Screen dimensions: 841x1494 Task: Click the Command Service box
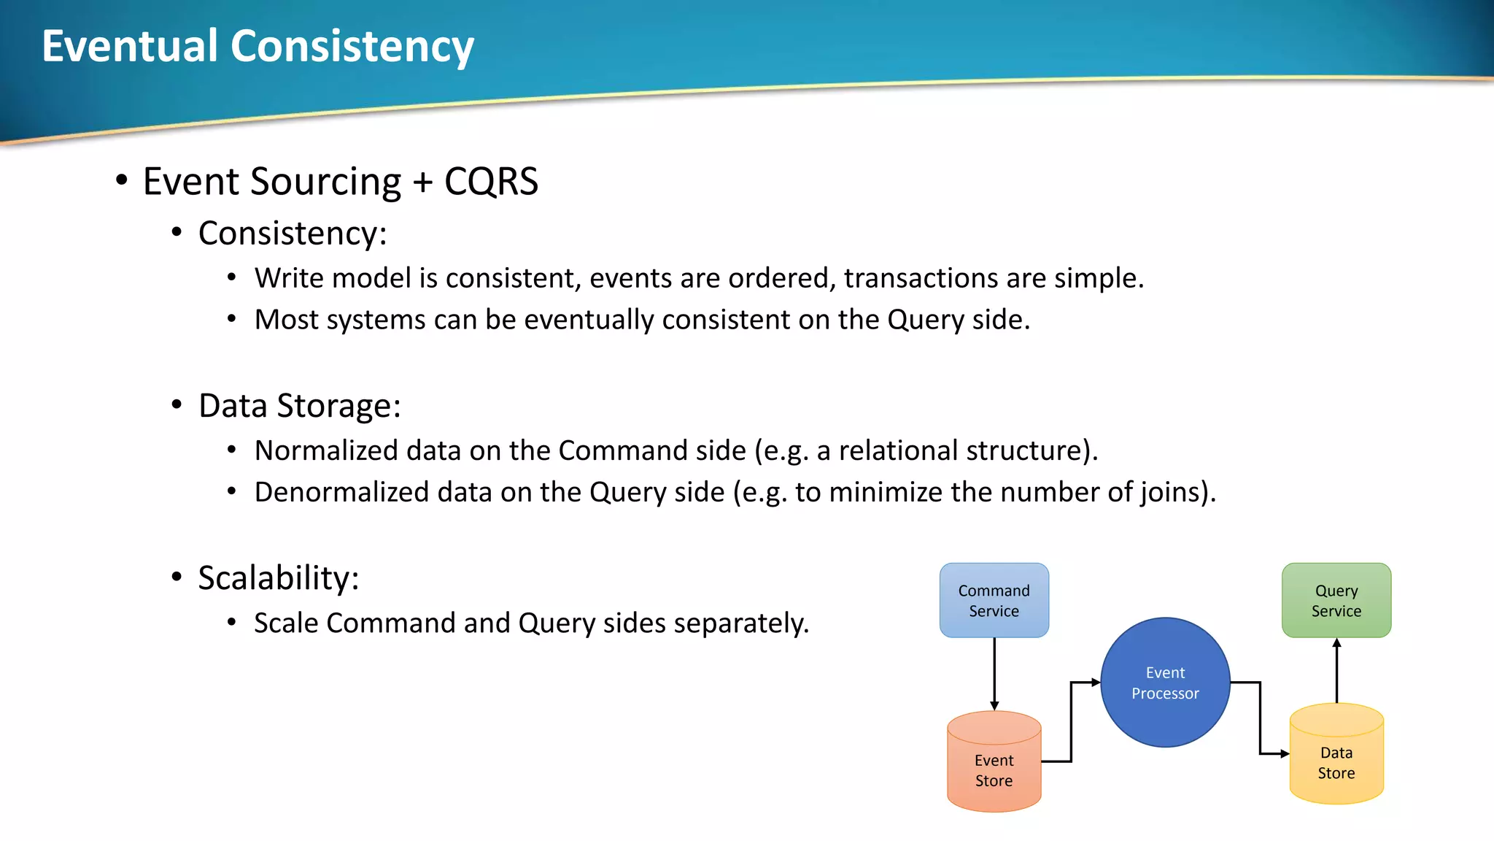[x=994, y=600]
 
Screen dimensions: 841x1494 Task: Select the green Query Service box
[x=1336, y=600]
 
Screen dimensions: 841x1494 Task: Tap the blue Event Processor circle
[x=1165, y=683]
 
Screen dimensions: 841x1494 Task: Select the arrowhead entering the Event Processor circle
[x=1096, y=683]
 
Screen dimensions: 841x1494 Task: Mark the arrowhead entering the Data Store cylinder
[x=1285, y=753]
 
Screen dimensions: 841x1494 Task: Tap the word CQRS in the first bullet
[x=491, y=181]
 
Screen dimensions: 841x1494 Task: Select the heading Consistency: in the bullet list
[x=292, y=234]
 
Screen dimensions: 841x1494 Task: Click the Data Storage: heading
[x=299, y=406]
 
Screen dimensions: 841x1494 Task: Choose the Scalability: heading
[x=278, y=578]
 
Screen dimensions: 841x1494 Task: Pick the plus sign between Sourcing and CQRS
[x=422, y=183]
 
